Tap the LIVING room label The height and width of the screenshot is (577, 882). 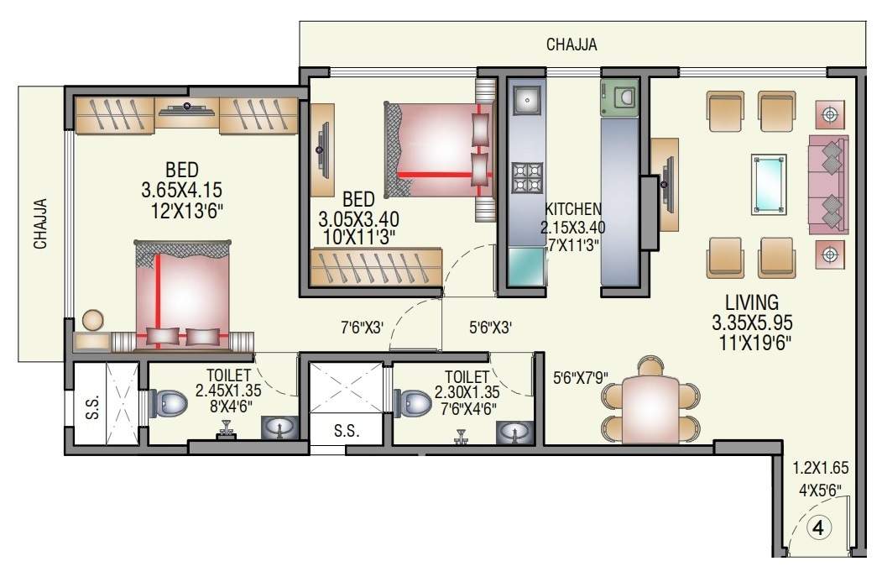[752, 302]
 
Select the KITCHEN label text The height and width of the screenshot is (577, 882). [573, 209]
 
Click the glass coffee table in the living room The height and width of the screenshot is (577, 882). [769, 185]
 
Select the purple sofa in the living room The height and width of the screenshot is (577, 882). [828, 185]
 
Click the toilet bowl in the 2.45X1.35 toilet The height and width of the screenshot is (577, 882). [170, 403]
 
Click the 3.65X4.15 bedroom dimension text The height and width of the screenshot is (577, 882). [181, 189]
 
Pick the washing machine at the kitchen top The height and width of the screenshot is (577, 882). [619, 97]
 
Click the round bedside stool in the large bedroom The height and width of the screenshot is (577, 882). [92, 320]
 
